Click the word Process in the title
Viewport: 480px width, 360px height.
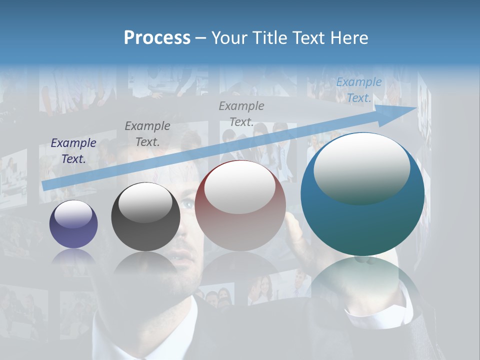click(x=157, y=38)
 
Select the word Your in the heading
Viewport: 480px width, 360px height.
click(x=228, y=38)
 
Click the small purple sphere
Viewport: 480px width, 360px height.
click(x=73, y=224)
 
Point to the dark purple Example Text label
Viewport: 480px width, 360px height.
click(x=73, y=151)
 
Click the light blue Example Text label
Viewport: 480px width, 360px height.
click(x=359, y=90)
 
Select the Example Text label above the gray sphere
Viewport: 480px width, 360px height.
click(x=147, y=134)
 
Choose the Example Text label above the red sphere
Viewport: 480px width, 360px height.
click(x=241, y=114)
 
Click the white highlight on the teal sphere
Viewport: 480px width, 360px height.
click(x=361, y=168)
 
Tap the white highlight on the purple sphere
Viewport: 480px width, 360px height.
click(x=73, y=214)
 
